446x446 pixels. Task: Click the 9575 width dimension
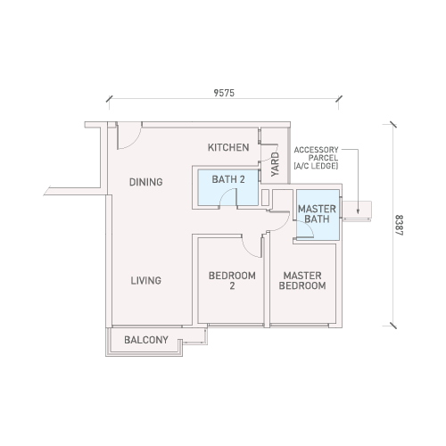[x=224, y=93]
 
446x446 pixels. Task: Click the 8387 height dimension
[x=399, y=225]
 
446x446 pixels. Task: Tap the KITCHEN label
[x=228, y=147]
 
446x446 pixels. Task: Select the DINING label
[x=146, y=182]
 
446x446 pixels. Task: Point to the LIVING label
[x=146, y=280]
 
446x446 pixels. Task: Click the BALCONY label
[x=146, y=340]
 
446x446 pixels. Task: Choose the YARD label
[x=276, y=164]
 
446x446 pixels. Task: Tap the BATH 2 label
[x=228, y=179]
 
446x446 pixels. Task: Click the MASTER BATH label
[x=317, y=214]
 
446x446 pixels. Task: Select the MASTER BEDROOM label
[x=302, y=281]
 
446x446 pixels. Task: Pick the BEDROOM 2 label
[x=232, y=281]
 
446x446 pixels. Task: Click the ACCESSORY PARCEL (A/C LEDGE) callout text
[x=316, y=158]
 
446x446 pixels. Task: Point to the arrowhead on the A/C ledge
[x=358, y=211]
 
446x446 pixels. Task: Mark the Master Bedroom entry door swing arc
[x=285, y=225]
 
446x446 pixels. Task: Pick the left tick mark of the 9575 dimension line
[x=109, y=99]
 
